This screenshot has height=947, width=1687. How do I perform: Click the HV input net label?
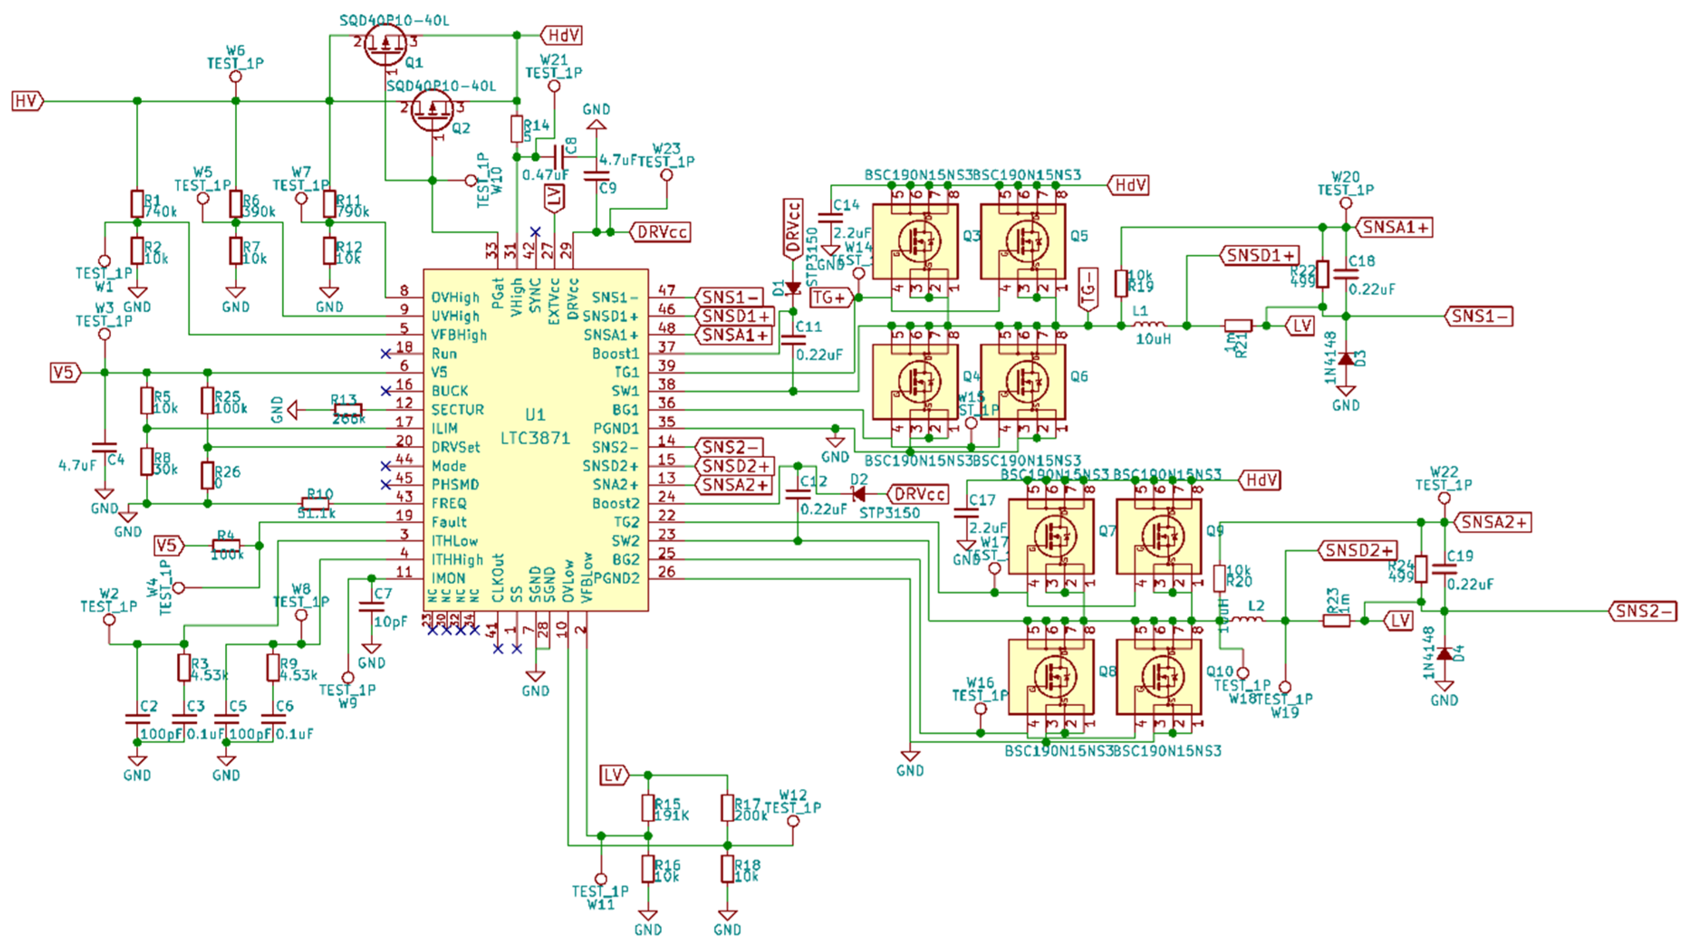[26, 101]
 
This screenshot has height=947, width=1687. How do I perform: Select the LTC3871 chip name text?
[535, 438]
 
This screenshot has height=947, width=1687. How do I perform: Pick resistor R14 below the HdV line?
[517, 129]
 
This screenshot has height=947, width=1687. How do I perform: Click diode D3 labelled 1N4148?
[1346, 359]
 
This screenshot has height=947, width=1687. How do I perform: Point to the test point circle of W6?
[236, 77]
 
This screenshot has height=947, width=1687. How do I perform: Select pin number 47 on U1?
[667, 290]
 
